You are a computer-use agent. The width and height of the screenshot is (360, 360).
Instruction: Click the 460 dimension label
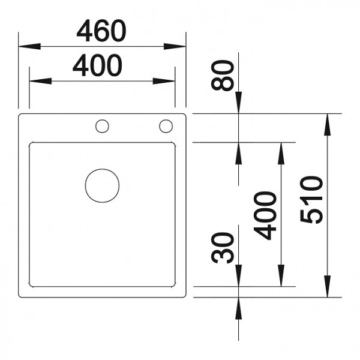point(101,31)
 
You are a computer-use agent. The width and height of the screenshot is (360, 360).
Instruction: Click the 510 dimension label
point(312,199)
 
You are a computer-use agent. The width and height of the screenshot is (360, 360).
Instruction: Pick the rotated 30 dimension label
point(224,248)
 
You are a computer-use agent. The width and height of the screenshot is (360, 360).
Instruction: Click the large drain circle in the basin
point(102,185)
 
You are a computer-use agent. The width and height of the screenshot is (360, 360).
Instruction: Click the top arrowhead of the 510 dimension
point(327,121)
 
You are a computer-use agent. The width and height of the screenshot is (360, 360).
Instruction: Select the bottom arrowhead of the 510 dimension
point(327,289)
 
